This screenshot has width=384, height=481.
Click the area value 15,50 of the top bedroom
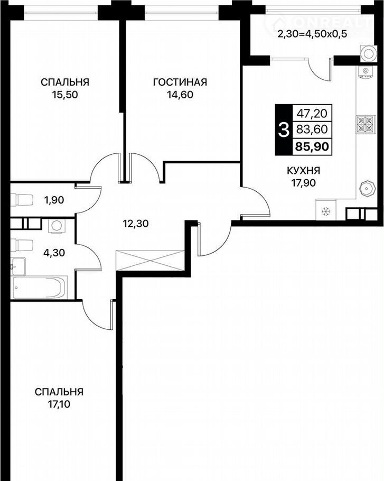coord(65,95)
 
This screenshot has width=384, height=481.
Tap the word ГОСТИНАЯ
coord(180,82)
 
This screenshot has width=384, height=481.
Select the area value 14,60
coord(180,95)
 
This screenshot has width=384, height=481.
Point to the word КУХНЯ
coord(303,170)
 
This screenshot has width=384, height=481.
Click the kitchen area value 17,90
coord(303,183)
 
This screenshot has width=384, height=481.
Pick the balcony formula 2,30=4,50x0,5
coord(312,34)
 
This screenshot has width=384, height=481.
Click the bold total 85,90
coord(312,147)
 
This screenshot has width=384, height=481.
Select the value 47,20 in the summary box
coord(312,114)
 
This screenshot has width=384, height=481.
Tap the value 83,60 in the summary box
coord(312,129)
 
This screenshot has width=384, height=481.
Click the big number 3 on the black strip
coord(283,129)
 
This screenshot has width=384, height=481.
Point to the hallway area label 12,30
coord(136,224)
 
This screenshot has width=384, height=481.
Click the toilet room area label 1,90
coord(54,200)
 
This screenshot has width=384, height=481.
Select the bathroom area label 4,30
coord(54,253)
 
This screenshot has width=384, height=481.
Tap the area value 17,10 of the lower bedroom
coord(59,404)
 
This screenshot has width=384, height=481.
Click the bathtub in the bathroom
coord(39,287)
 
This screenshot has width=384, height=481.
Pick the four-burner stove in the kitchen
coord(366,125)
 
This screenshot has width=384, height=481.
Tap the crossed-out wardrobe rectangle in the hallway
coord(150,261)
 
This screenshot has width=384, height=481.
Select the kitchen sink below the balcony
coord(366,72)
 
